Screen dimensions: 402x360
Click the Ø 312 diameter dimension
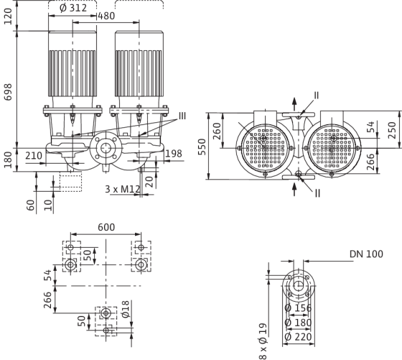point(73,8)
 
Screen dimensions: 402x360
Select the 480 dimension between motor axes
point(106,16)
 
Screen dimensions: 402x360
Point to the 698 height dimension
point(8,92)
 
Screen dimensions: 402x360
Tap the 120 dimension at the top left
point(8,16)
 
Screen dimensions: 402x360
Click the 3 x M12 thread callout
point(123,189)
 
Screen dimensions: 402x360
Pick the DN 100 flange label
point(366,254)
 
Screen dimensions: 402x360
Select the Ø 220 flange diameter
point(298,337)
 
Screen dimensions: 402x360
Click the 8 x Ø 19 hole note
point(263,341)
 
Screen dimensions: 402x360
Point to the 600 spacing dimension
point(106,227)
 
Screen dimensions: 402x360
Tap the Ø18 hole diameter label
point(126,309)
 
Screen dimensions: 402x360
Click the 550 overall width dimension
point(202,147)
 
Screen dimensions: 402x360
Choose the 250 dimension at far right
point(392,130)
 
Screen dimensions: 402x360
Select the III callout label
point(182,116)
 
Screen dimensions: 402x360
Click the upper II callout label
point(317,96)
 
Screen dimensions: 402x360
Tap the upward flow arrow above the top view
point(294,104)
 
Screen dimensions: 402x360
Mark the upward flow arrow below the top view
point(294,190)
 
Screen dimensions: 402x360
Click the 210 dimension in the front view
point(34,156)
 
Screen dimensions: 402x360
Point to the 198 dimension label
point(174,154)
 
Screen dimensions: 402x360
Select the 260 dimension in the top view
point(217,131)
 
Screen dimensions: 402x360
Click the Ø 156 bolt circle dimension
point(298,308)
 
